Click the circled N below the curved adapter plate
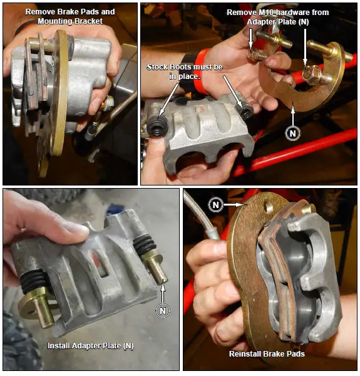(292, 133)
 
